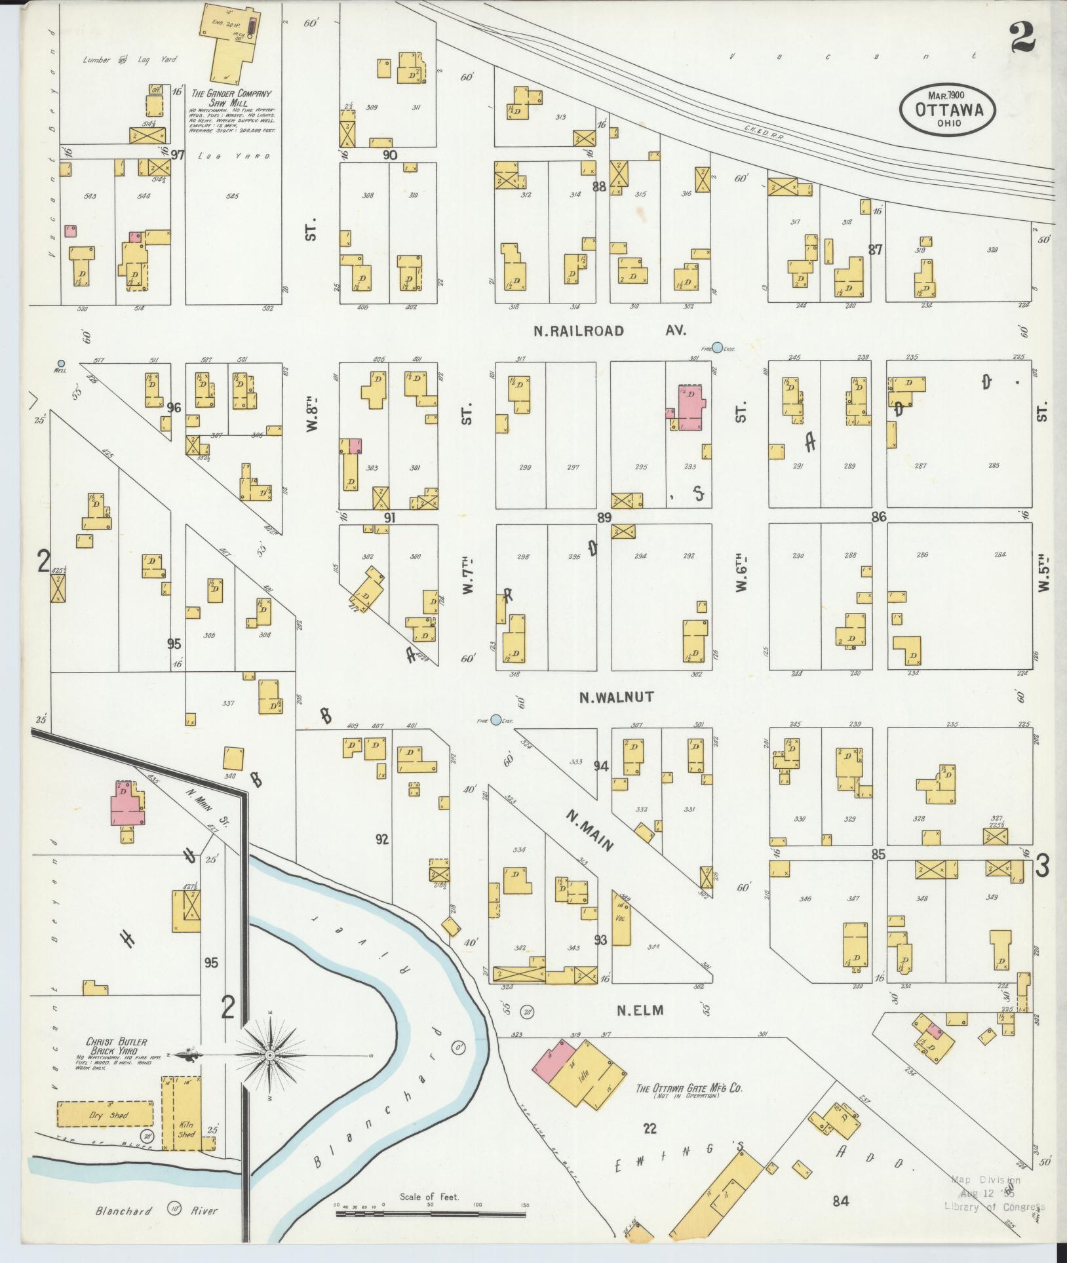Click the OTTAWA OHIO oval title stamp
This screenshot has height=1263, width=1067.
[x=947, y=109]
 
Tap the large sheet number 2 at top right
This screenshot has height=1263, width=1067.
[x=1022, y=37]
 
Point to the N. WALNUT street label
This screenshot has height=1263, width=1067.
[x=616, y=697]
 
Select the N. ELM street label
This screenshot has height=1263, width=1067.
[x=640, y=1010]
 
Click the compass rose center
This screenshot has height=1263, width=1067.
[x=269, y=1055]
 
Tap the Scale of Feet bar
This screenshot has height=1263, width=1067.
[x=431, y=1214]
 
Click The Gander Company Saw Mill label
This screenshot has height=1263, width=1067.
[x=230, y=98]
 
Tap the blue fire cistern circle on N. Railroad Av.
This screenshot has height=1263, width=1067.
[x=718, y=347]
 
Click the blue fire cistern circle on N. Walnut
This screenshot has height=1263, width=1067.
[x=496, y=720]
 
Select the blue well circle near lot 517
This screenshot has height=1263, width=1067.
[x=61, y=363]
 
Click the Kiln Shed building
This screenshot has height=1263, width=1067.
[x=185, y=1112]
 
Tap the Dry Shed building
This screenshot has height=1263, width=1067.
[x=105, y=1114]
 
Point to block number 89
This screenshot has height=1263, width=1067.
[x=604, y=518]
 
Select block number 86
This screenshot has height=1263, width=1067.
[x=878, y=517]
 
